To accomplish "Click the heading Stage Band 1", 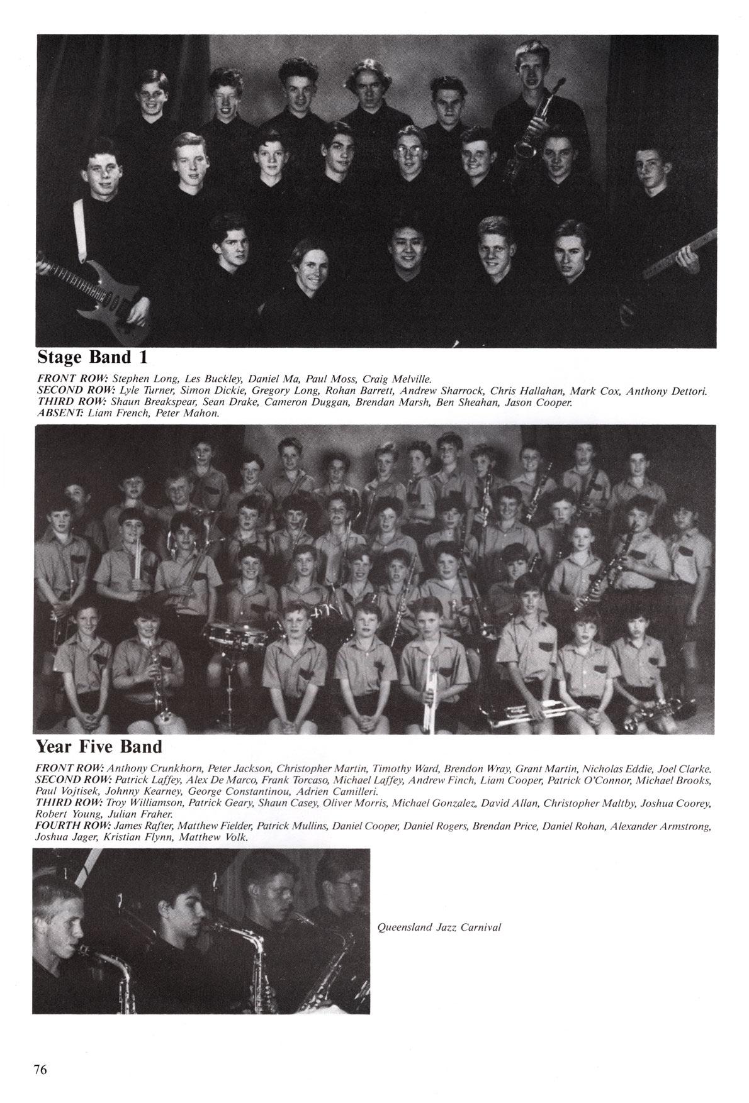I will click(93, 357).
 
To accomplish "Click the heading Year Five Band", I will click(99, 746).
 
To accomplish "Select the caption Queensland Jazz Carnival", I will click(439, 927).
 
